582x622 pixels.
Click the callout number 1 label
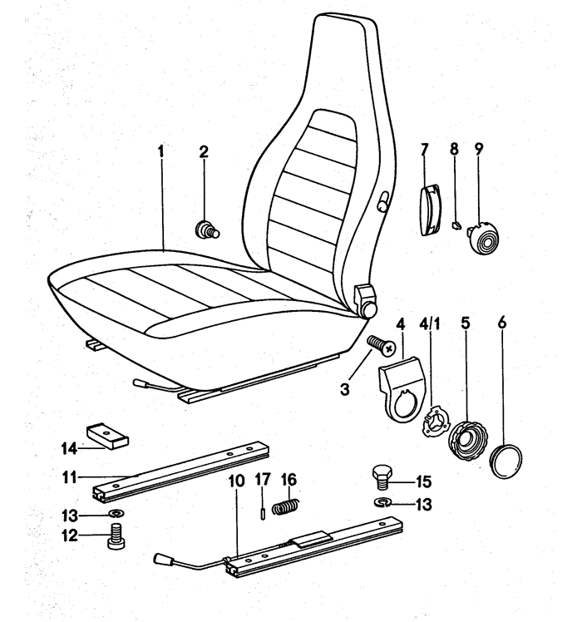click(161, 152)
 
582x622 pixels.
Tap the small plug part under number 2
click(205, 228)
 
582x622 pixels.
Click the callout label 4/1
click(431, 321)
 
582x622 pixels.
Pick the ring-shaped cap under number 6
click(506, 460)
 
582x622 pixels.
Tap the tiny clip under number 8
click(455, 225)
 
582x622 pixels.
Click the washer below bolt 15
click(382, 503)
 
